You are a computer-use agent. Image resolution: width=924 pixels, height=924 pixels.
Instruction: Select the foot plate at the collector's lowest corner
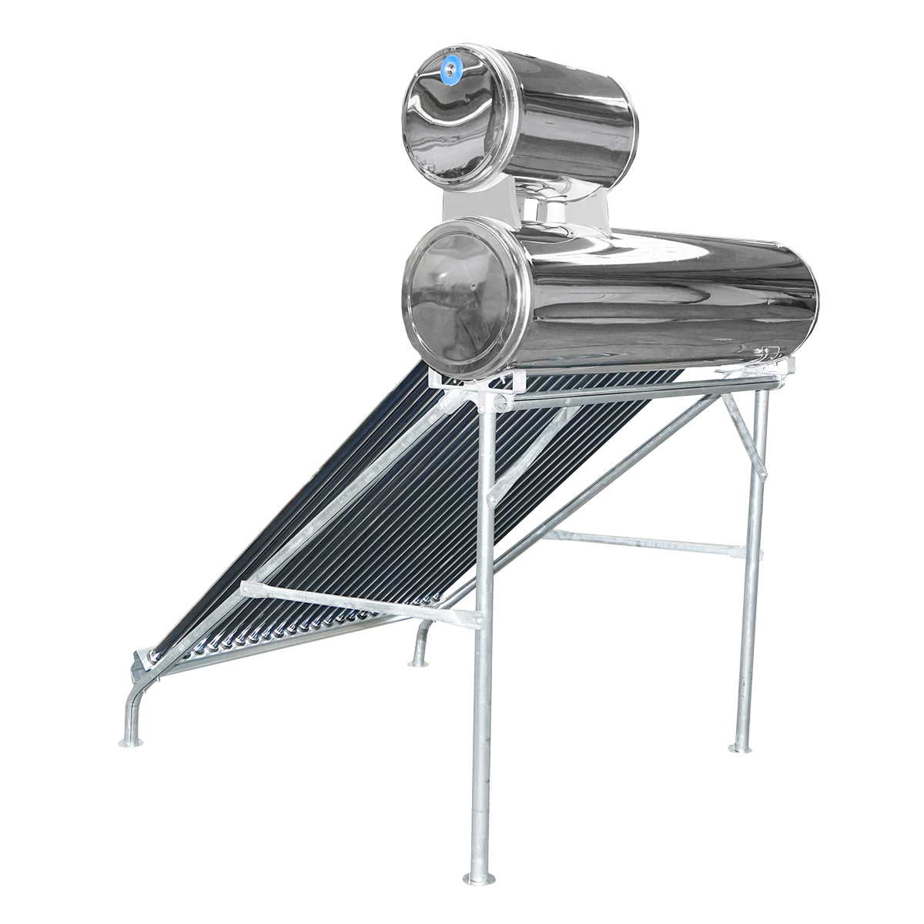click(131, 742)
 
